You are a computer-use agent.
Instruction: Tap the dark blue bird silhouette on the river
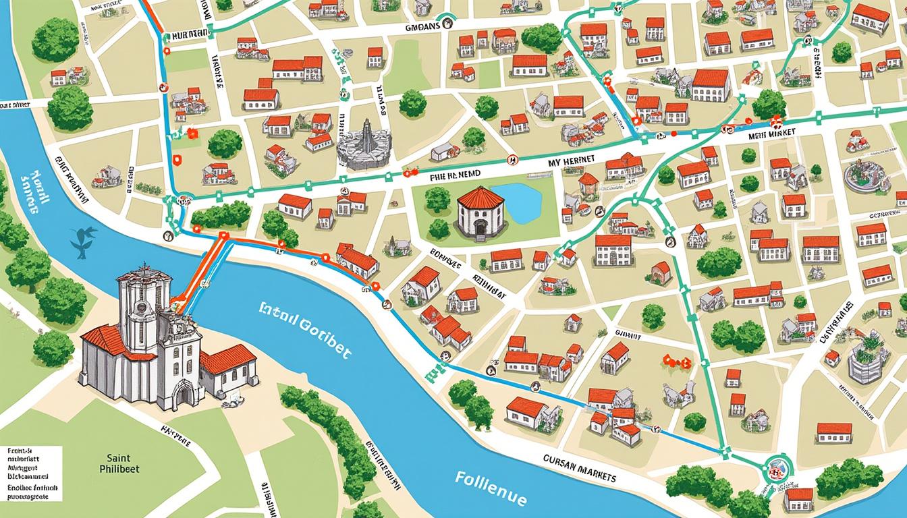tap(82, 241)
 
